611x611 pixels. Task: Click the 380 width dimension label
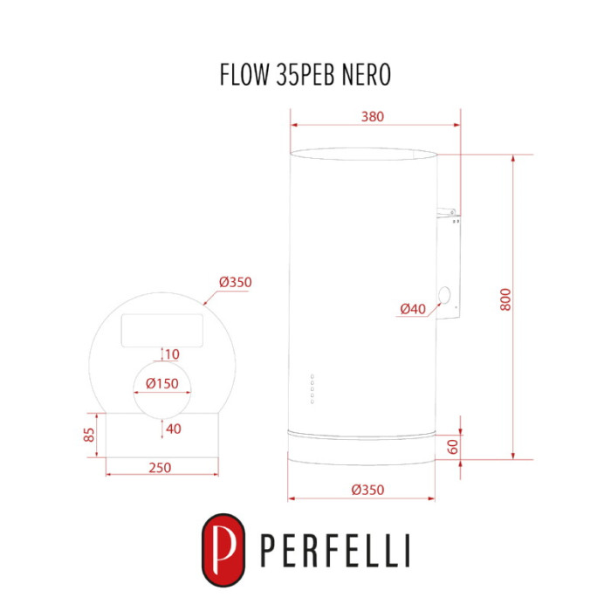373,116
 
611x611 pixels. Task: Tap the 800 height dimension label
505,299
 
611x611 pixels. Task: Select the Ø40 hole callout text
413,309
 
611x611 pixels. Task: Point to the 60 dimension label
453,447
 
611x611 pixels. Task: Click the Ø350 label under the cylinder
367,490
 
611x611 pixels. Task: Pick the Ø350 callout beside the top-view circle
236,282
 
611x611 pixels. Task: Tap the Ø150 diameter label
162,383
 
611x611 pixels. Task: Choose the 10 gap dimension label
172,354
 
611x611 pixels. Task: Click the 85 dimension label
89,435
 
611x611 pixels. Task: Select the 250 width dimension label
160,467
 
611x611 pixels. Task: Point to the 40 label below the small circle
174,429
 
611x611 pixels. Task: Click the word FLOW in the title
244,74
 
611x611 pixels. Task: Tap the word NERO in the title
367,74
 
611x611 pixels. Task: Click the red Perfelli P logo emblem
223,550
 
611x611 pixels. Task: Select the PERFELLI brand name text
335,551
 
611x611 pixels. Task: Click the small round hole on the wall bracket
444,295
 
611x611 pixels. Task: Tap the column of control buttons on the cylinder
312,389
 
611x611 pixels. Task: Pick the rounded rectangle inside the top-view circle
162,331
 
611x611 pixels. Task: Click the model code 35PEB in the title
305,74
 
